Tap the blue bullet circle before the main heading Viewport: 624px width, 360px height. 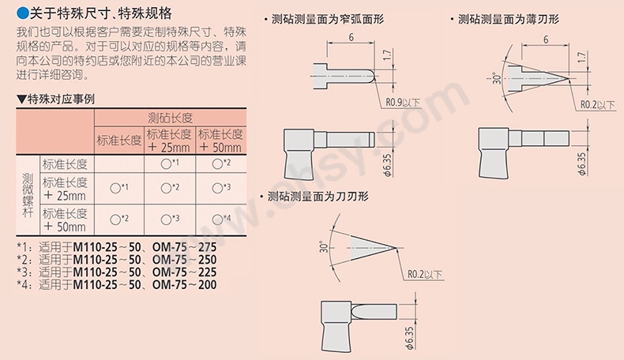22,14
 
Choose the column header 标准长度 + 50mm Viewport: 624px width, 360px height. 220,141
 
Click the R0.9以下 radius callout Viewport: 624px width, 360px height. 402,103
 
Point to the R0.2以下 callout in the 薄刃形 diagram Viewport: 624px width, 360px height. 597,103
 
